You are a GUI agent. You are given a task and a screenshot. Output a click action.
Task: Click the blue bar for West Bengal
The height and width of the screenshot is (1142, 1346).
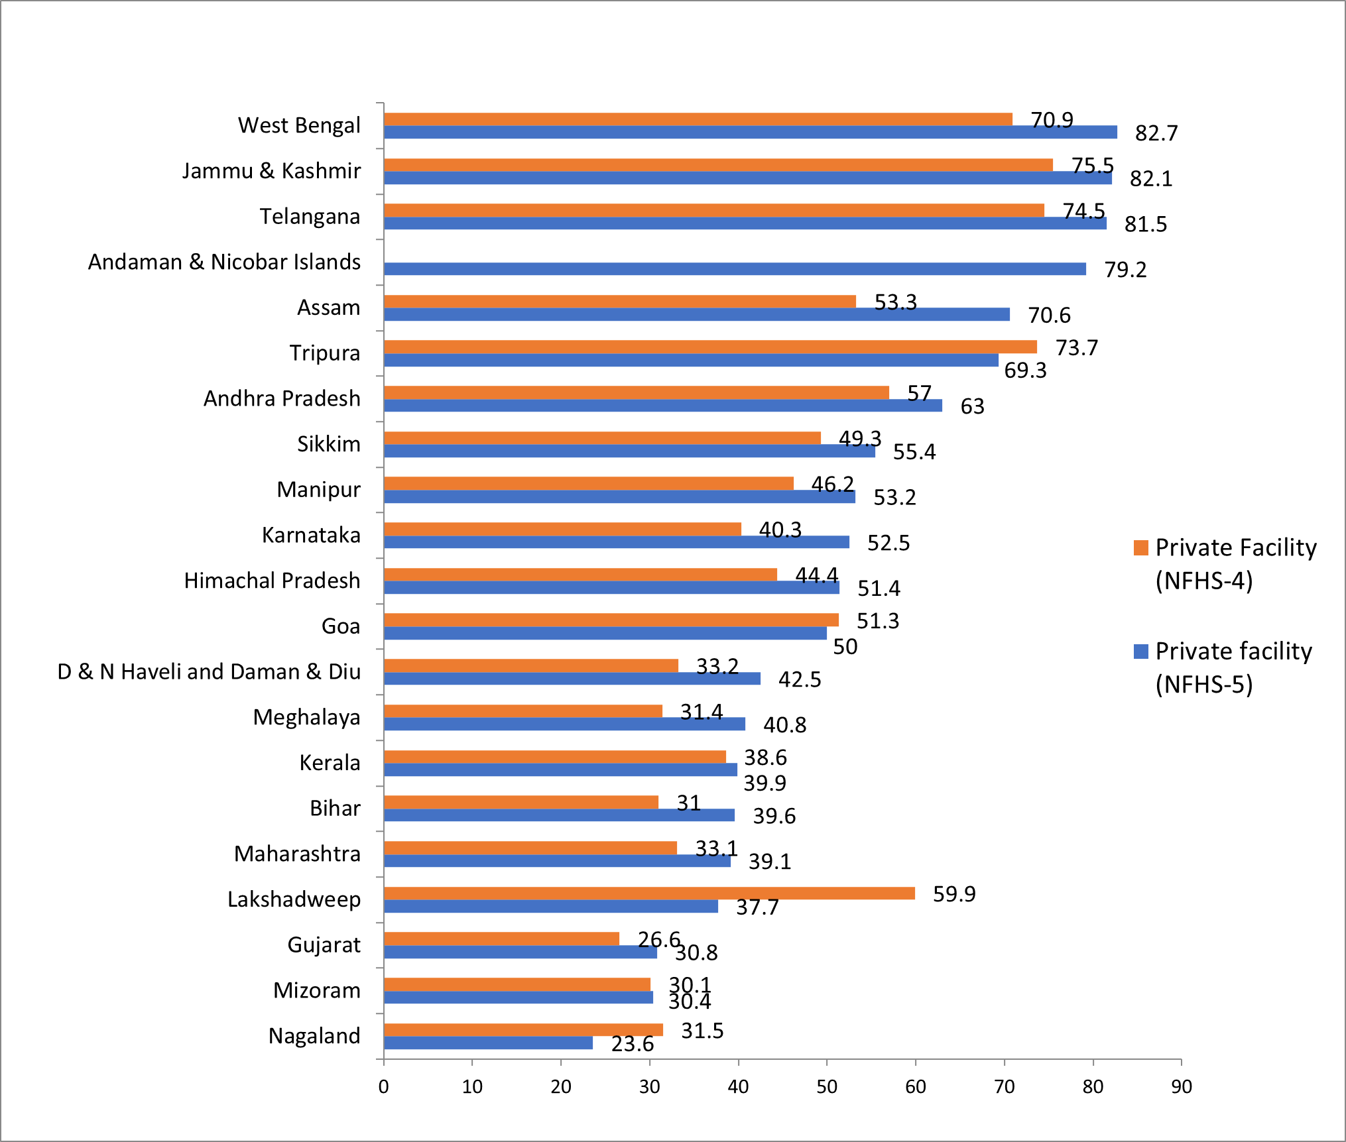pos(749,133)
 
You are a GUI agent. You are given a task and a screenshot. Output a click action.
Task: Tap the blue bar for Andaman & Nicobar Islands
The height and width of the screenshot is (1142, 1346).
pos(734,268)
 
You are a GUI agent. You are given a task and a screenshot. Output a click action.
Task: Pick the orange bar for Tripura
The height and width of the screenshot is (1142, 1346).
pos(709,347)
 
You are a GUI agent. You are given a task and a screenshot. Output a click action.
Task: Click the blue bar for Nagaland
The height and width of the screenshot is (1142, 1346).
pos(488,1043)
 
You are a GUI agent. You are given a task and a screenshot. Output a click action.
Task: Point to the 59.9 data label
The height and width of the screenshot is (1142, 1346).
pos(953,894)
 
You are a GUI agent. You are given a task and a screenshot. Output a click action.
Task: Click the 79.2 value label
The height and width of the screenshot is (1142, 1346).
pos(1125,270)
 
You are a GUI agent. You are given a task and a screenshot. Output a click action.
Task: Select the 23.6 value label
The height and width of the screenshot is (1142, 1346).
pos(632,1044)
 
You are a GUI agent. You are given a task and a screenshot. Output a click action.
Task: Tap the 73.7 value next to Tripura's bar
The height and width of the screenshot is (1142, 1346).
pos(1076,348)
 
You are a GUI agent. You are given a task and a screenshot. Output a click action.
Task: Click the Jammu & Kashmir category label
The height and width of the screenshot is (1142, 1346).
pos(271,171)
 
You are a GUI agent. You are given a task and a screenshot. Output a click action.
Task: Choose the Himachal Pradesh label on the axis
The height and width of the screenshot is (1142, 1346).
pos(272,581)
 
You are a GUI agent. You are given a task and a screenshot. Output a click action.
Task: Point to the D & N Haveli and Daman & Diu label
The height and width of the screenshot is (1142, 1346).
pos(209,671)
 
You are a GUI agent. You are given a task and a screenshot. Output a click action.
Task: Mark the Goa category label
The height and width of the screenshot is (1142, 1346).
pos(340,626)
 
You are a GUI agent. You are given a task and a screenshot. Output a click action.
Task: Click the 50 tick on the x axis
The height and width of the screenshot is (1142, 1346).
pos(826,1087)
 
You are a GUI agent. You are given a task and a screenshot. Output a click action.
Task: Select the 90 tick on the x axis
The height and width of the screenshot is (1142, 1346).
pos(1181,1087)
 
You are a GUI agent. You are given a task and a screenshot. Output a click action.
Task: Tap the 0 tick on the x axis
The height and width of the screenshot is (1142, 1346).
pos(383,1087)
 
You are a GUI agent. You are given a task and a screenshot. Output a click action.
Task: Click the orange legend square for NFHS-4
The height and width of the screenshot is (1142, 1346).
pos(1140,547)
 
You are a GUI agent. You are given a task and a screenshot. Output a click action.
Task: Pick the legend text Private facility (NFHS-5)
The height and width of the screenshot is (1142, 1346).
pos(1233,667)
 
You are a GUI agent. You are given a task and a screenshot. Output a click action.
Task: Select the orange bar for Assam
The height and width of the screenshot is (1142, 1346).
pos(619,302)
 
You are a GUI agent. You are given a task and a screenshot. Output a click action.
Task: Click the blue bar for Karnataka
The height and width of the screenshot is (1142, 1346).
pos(616,542)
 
